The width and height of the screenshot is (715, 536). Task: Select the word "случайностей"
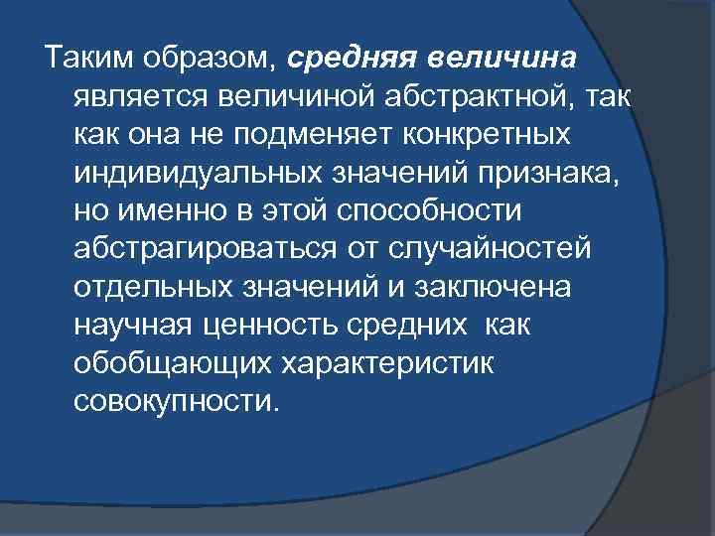(x=487, y=248)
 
